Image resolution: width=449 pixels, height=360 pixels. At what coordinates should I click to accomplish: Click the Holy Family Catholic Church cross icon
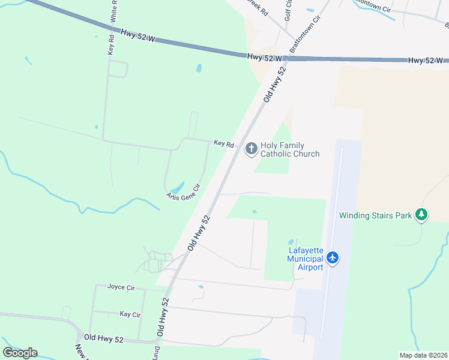click(252, 148)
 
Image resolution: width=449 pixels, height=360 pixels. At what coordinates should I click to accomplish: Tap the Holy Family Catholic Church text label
click(290, 149)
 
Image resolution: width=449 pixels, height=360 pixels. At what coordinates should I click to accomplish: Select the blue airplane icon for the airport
click(333, 259)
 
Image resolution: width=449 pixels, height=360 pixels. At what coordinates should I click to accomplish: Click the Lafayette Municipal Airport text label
click(305, 259)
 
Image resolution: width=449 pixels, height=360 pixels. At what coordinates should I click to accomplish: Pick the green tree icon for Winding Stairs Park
click(422, 214)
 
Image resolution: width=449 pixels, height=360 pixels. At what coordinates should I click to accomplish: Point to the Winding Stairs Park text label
click(375, 215)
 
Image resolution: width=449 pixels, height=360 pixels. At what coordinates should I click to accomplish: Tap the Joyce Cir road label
click(121, 287)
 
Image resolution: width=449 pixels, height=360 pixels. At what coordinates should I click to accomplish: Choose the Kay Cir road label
click(130, 314)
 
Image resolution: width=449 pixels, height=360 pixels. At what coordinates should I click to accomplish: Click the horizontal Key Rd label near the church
click(223, 143)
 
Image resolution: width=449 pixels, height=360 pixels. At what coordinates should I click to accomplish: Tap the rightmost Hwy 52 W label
click(425, 61)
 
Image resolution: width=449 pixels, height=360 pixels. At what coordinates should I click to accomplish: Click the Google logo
click(20, 352)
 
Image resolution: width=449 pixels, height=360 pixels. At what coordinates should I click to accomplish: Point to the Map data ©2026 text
click(423, 355)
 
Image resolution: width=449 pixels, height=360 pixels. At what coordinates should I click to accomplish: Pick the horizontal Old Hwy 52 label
click(103, 340)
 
